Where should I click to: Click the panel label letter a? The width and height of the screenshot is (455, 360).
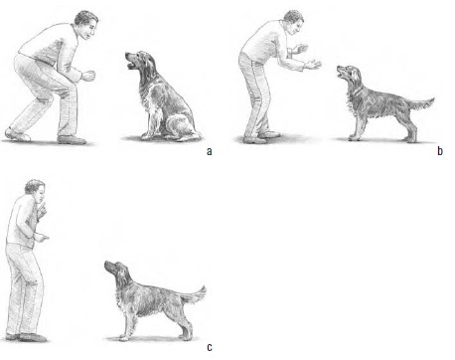[209, 151]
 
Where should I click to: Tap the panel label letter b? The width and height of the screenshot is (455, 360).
[440, 151]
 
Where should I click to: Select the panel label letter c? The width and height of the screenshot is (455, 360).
[210, 347]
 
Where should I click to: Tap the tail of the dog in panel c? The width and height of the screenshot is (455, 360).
[196, 294]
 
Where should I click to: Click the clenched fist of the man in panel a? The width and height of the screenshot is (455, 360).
[88, 76]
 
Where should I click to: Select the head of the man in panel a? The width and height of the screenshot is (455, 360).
[86, 24]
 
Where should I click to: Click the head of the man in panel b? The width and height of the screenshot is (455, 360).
[294, 22]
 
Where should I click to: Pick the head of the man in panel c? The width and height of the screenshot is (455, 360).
[36, 191]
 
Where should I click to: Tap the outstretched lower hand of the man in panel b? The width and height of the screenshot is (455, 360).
[313, 65]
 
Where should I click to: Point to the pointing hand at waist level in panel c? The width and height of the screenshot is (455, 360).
[42, 238]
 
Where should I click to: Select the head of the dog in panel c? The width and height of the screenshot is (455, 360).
[115, 270]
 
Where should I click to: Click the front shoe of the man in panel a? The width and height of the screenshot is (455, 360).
[72, 139]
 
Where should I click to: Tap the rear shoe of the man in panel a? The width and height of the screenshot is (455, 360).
[17, 134]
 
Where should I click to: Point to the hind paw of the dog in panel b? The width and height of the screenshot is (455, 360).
[411, 139]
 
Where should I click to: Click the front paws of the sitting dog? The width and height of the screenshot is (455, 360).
[148, 136]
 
